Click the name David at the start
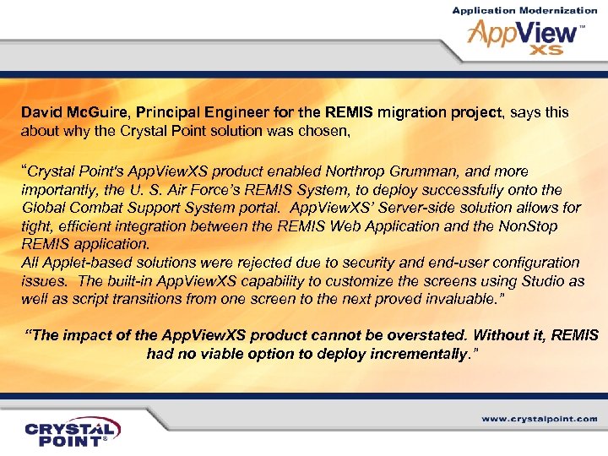coord(40,111)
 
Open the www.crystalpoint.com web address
coord(540,418)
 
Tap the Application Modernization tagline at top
coord(524,10)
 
